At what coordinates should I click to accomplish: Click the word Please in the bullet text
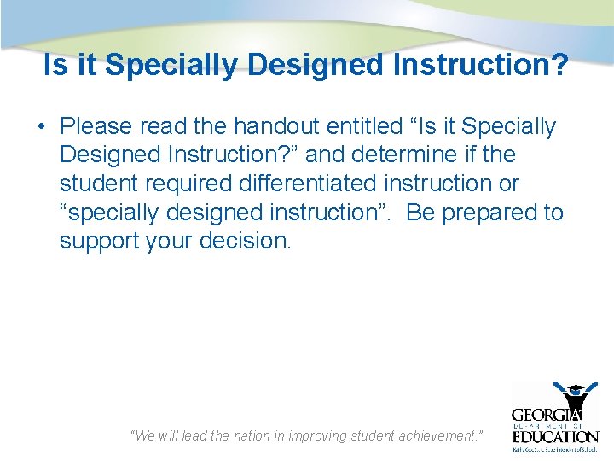tap(97, 127)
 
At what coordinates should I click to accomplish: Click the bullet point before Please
tap(41, 127)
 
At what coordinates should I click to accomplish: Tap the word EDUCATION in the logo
tap(555, 435)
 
